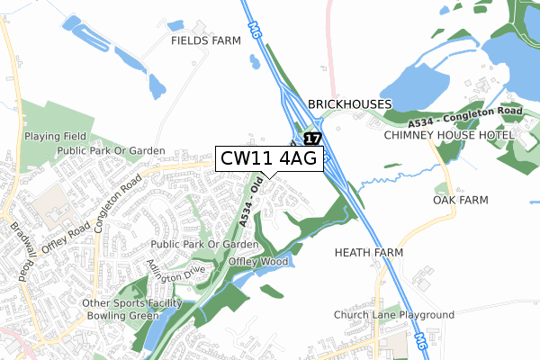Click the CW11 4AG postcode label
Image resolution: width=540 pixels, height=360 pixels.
267,158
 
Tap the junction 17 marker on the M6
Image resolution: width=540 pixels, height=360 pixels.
311,139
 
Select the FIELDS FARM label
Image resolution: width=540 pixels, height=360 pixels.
206,41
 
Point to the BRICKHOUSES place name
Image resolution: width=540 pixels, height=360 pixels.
350,104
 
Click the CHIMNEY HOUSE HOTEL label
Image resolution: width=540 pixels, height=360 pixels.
448,135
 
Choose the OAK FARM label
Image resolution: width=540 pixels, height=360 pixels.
460,200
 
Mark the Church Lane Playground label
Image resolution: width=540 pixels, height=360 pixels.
393,315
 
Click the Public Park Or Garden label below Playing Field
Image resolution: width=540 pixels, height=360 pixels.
111,151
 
